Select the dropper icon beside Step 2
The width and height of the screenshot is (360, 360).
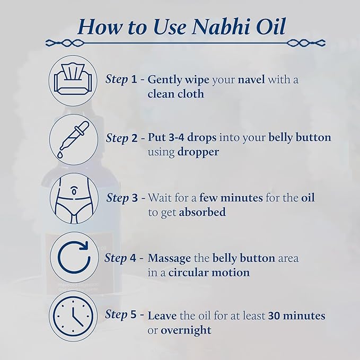[73, 139]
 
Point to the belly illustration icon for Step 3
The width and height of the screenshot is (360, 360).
[73, 198]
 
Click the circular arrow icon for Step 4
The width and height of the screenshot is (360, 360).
[73, 257]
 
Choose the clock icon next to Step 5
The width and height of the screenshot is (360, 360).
[73, 315]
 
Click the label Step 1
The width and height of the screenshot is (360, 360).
[122, 80]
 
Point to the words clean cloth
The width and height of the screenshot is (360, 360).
[175, 94]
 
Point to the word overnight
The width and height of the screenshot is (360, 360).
[186, 330]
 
